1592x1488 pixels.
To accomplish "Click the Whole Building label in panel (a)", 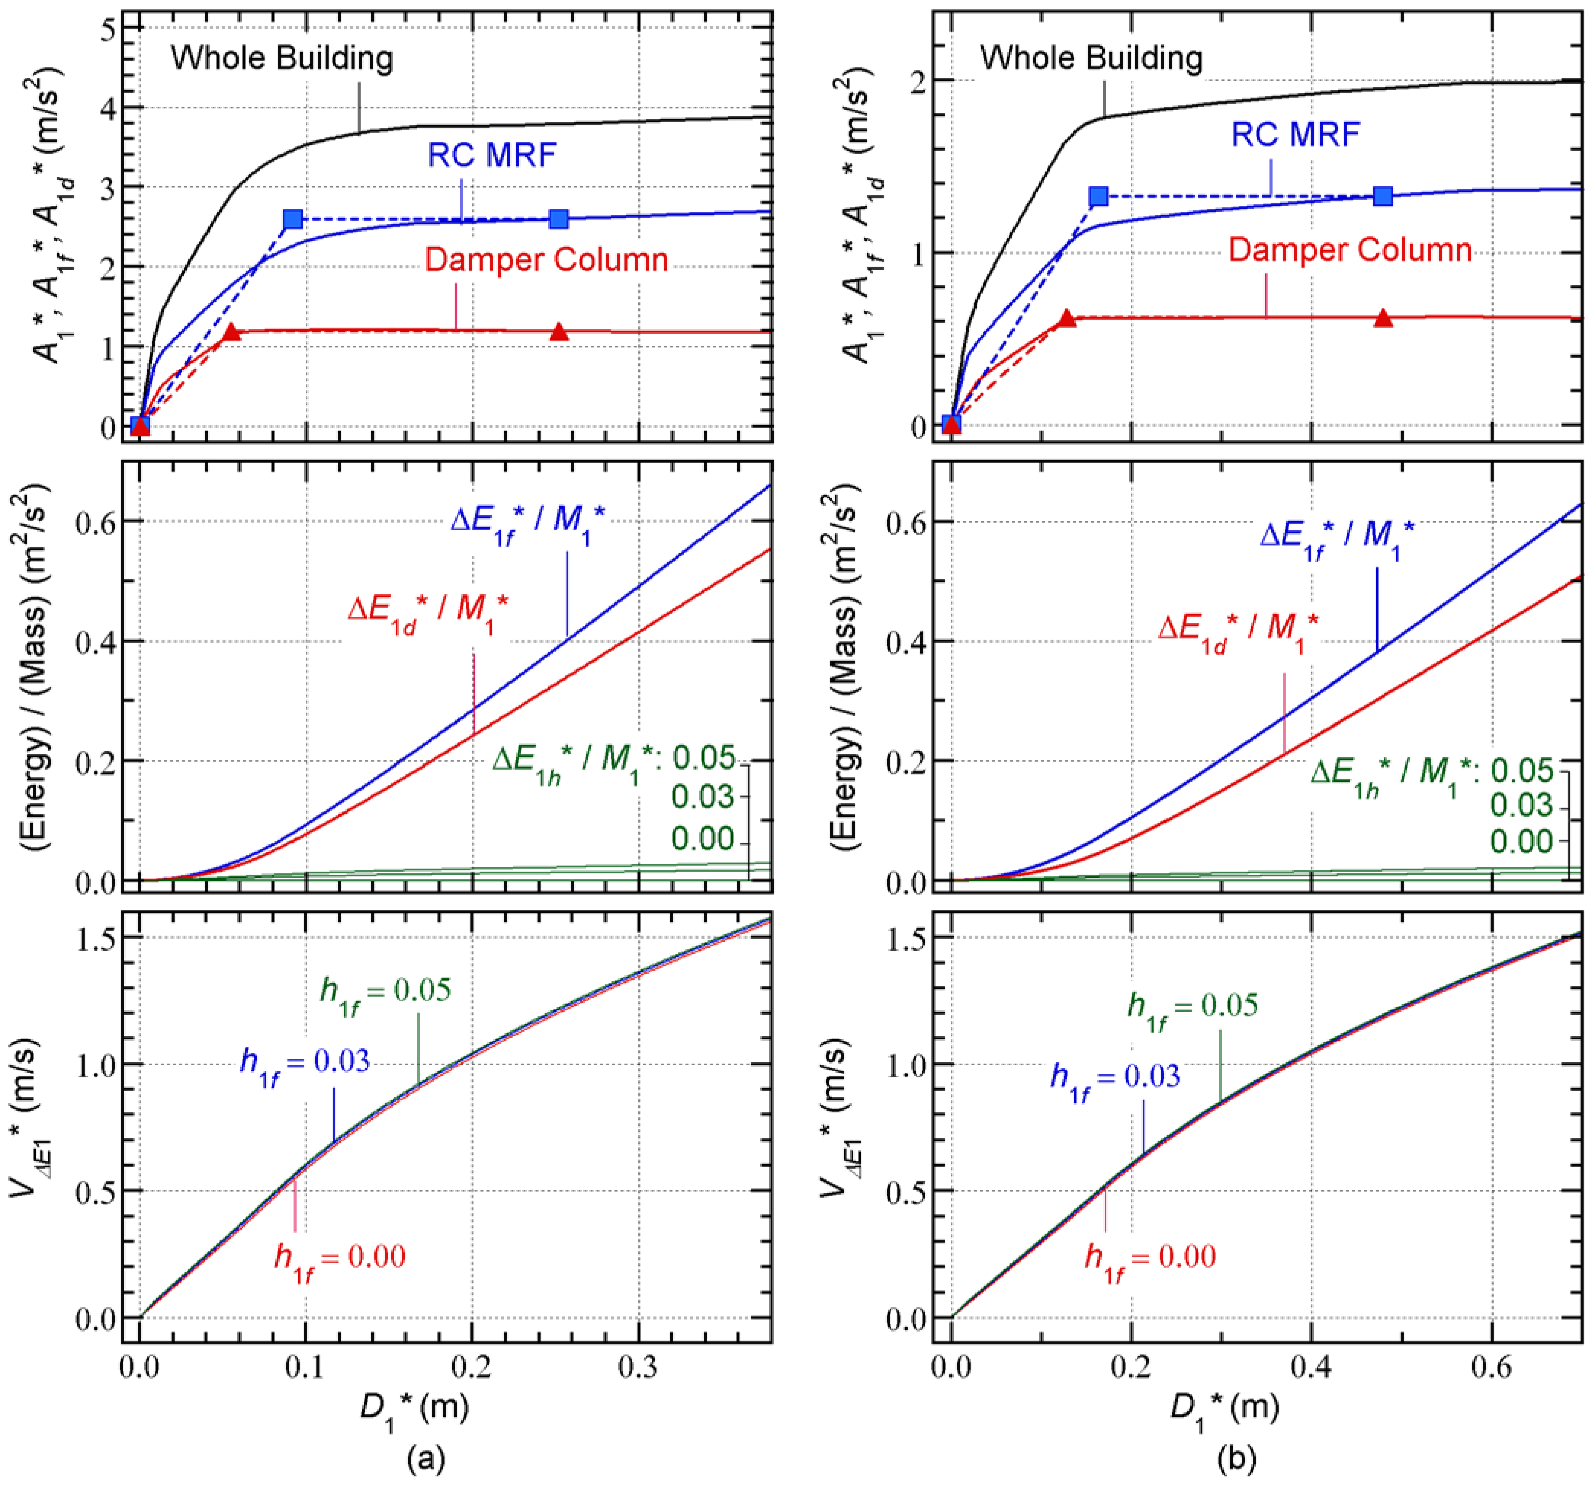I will click(282, 58).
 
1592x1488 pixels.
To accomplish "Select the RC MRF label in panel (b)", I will click(1295, 134).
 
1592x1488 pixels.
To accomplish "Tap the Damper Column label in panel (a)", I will click(546, 260).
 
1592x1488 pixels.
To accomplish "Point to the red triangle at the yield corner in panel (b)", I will click(1067, 318).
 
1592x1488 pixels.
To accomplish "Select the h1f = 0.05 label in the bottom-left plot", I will click(385, 992).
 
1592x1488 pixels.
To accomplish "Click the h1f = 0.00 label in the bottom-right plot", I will click(1150, 1258).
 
